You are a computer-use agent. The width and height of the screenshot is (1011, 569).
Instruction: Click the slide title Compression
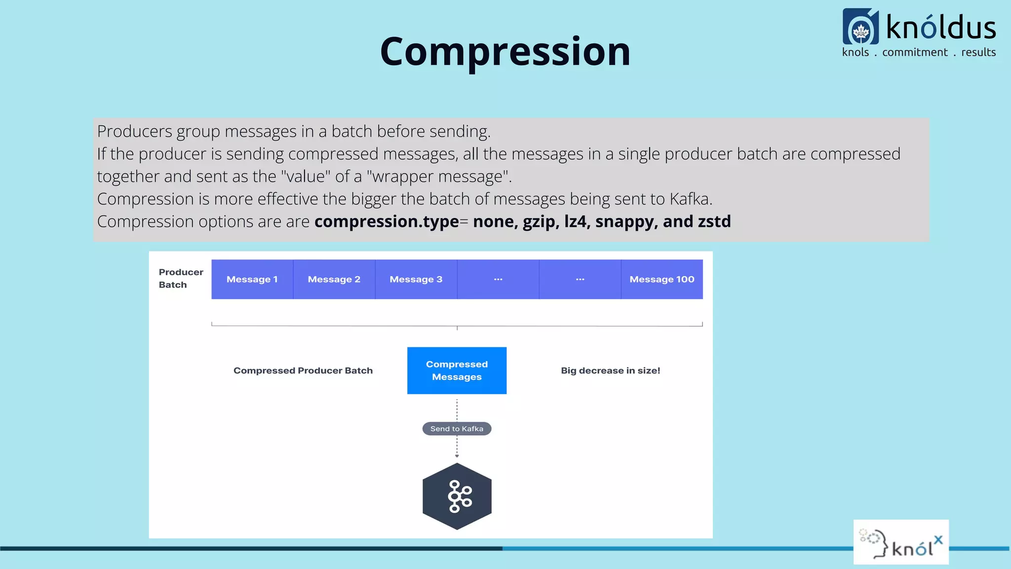505,52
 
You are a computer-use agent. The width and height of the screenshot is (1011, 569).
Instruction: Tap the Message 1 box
252,280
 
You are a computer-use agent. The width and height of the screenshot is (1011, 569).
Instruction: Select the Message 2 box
334,280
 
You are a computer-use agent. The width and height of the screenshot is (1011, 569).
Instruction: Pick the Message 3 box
416,280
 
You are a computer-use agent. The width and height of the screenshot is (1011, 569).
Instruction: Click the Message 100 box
661,280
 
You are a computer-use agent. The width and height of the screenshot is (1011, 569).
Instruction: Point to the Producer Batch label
181,279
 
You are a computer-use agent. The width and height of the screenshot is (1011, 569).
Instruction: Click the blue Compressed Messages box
457,370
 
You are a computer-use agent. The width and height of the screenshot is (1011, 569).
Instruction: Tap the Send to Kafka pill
457,429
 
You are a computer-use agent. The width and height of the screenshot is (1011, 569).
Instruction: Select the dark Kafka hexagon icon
457,496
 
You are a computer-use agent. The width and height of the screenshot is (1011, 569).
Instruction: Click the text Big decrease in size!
610,370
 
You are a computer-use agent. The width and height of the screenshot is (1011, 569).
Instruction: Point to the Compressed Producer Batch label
303,370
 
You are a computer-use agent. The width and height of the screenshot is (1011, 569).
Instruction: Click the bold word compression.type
387,222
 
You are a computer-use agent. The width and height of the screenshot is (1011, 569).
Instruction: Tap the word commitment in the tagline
915,52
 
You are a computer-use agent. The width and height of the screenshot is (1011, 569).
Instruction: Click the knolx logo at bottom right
901,542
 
